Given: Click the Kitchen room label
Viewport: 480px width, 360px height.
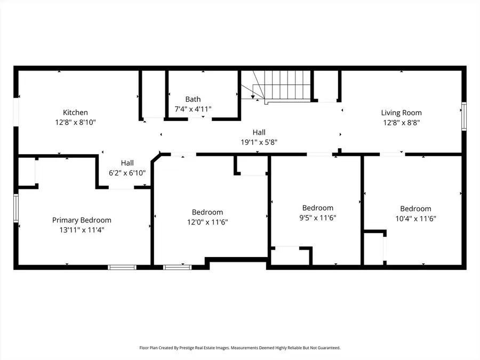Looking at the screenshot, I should [x=75, y=113].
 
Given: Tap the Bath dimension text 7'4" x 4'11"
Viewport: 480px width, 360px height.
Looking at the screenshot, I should [x=193, y=109].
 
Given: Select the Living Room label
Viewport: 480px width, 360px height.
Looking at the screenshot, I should [x=401, y=113].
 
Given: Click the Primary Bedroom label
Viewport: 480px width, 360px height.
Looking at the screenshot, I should [x=82, y=220].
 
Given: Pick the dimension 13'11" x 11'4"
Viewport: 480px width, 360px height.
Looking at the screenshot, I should [x=82, y=230].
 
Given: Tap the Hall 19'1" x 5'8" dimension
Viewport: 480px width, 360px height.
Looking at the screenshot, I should [x=259, y=142].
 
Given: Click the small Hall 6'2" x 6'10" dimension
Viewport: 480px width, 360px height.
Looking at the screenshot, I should [x=127, y=173].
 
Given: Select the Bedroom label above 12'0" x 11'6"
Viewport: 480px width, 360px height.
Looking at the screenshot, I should [x=207, y=212].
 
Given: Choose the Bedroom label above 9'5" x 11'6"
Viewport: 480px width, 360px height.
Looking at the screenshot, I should [x=317, y=208].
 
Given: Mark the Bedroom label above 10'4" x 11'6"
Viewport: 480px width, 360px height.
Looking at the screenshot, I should [x=415, y=209].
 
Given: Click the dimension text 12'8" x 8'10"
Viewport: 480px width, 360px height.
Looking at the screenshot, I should [x=75, y=122].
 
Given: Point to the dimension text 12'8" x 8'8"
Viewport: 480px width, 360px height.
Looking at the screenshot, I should [x=401, y=122].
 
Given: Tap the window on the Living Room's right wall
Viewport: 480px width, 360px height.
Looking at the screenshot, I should [x=463, y=116].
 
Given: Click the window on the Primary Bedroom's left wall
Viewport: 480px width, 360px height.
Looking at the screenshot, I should [x=16, y=209].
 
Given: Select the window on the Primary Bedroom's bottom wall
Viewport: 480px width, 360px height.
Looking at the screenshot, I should [x=122, y=267].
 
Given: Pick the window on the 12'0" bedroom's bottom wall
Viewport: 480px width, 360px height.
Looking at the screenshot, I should [x=177, y=267].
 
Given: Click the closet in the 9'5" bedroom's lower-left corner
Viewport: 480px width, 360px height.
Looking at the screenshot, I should [x=290, y=256].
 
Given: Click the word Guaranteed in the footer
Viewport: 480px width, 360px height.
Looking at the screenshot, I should [x=326, y=348].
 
